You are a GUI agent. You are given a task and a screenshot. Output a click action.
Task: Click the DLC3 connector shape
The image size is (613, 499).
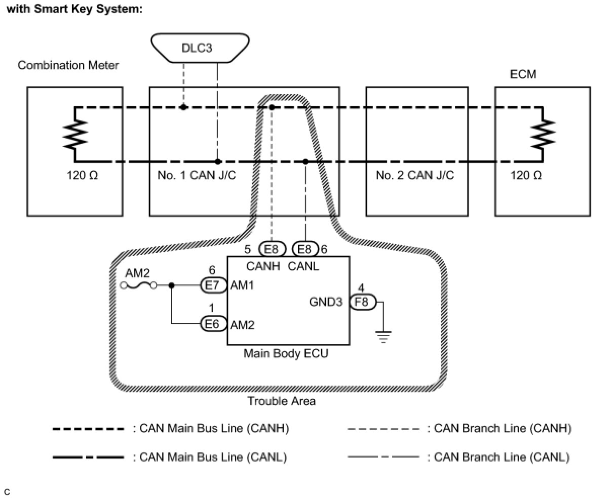pyautogui.click(x=200, y=48)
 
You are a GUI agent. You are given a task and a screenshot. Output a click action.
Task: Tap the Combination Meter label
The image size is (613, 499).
pyautogui.click(x=68, y=65)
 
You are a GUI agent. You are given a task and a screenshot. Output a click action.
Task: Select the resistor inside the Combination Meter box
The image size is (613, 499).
pyautogui.click(x=75, y=135)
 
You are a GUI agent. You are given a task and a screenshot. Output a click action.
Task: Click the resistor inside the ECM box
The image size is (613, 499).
pyautogui.click(x=543, y=134)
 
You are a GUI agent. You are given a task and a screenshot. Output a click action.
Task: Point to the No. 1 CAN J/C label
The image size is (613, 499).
pyautogui.click(x=197, y=175)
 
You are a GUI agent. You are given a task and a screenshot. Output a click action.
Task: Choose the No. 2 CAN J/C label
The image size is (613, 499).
pyautogui.click(x=415, y=175)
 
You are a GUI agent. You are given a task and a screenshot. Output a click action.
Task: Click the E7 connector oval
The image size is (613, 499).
pyautogui.click(x=213, y=285)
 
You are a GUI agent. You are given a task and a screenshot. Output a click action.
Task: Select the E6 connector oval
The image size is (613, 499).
pyautogui.click(x=213, y=324)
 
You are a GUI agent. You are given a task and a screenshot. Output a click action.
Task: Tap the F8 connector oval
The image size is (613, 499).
pyautogui.click(x=363, y=302)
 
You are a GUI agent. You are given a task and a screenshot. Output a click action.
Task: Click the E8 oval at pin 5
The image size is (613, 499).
pyautogui.click(x=272, y=249)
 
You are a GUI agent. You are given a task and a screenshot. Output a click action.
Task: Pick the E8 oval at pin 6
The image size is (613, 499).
pyautogui.click(x=305, y=249)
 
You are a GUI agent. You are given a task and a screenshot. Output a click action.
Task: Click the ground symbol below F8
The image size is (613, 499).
pyautogui.click(x=383, y=337)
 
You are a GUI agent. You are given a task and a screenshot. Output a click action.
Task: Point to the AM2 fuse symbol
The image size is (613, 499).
pyautogui.click(x=138, y=285)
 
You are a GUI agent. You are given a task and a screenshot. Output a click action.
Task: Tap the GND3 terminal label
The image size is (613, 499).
pyautogui.click(x=326, y=302)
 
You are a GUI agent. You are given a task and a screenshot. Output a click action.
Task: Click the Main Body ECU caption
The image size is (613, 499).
pyautogui.click(x=286, y=354)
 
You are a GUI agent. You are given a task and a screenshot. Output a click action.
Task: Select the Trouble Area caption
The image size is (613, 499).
pyautogui.click(x=282, y=401)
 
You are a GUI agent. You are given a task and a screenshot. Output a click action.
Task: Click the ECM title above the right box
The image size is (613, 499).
pyautogui.click(x=523, y=74)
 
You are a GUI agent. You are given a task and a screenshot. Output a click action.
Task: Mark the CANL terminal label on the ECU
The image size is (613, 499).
pyautogui.click(x=303, y=267)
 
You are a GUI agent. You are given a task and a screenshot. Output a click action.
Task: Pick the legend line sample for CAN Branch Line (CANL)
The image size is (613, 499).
pyautogui.click(x=384, y=456)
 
